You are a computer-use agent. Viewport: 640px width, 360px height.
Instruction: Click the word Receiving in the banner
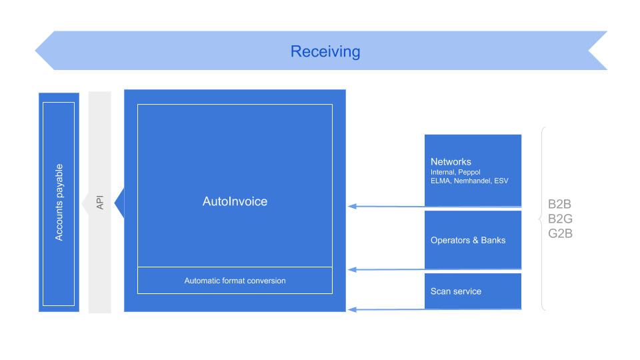(x=325, y=51)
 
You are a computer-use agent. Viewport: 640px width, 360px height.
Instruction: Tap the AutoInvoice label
(x=235, y=201)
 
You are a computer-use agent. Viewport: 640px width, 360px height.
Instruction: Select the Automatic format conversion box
(x=235, y=281)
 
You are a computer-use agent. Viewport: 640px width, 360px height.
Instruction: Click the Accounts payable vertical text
(x=59, y=202)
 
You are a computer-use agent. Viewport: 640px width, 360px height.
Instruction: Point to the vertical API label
(x=100, y=202)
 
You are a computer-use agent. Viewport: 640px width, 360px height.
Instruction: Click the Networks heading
(x=451, y=161)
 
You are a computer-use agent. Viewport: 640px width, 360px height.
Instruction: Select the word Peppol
(x=469, y=172)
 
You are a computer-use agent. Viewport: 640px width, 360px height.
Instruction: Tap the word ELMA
(x=441, y=181)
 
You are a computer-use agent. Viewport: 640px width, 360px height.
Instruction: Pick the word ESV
(x=501, y=181)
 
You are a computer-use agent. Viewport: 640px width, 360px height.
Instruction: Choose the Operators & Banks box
(x=473, y=240)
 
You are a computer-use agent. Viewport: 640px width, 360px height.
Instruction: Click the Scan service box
(x=473, y=291)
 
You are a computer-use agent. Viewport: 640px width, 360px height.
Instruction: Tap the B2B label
(x=560, y=205)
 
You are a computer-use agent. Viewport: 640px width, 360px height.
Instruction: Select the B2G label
(x=560, y=219)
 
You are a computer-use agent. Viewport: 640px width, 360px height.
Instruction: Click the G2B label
(x=560, y=233)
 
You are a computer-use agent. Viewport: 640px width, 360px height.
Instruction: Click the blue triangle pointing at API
(x=120, y=203)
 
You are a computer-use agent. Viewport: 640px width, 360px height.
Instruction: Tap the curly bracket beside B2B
(x=543, y=219)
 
